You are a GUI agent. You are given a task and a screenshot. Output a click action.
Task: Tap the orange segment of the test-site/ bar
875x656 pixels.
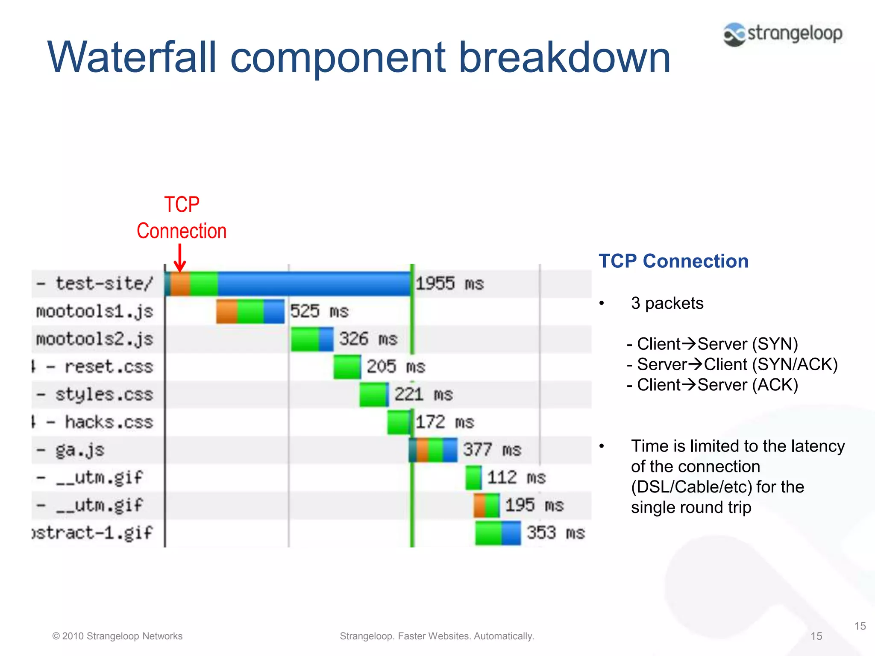click(180, 284)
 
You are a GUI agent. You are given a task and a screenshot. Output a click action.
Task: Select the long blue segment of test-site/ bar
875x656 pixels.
click(314, 284)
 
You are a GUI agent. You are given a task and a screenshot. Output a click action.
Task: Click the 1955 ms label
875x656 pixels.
click(449, 284)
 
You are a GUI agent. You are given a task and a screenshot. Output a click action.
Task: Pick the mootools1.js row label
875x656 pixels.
click(94, 311)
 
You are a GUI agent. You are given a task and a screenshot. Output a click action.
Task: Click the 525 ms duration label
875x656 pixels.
click(319, 311)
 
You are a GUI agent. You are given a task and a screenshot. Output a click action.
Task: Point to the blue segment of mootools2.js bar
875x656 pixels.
click(326, 339)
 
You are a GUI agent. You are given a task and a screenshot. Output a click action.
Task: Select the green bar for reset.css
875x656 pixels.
click(347, 367)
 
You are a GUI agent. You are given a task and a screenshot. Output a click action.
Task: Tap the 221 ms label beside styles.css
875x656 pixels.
click(423, 394)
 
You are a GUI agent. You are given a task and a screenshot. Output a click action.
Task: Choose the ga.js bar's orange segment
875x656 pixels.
click(422, 450)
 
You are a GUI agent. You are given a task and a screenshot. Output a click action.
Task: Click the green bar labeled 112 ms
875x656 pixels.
click(473, 477)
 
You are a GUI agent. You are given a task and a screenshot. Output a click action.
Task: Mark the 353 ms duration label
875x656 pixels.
click(555, 533)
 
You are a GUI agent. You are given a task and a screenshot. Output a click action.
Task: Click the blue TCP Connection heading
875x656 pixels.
click(673, 261)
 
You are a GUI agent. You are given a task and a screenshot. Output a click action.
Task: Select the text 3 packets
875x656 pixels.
click(667, 303)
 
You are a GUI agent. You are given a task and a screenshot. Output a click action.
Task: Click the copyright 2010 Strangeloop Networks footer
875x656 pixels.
click(117, 636)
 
